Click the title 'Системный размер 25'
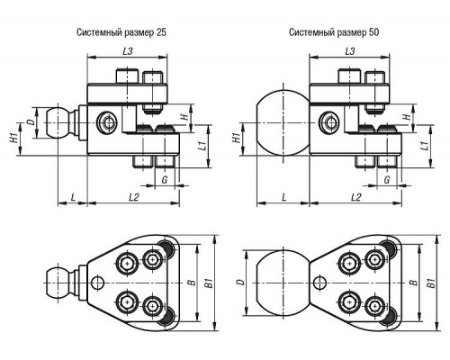tap(121, 32)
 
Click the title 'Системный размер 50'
tap(334, 32)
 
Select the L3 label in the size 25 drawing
tap(128, 51)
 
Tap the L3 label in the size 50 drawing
tap(350, 51)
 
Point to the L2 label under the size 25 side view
tap(134, 197)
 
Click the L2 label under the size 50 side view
tap(355, 197)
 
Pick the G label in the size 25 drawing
tap(165, 180)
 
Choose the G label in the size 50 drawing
tap(387, 180)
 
